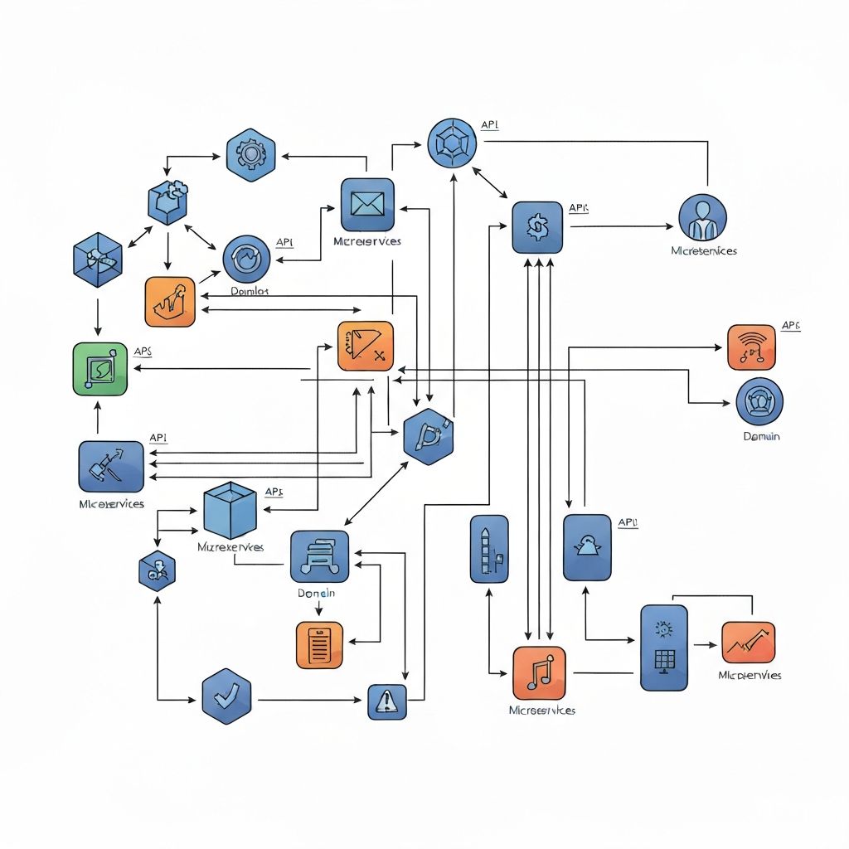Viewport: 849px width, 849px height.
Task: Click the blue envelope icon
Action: click(367, 204)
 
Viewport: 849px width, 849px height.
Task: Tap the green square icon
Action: click(100, 368)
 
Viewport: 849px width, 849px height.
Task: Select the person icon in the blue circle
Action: click(702, 218)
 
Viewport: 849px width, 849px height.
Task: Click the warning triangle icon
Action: click(387, 701)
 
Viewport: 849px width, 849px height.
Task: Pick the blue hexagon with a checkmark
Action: click(226, 696)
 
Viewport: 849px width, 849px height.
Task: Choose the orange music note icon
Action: click(539, 672)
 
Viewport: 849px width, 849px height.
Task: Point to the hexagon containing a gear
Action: click(250, 154)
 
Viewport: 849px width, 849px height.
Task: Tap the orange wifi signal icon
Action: click(752, 347)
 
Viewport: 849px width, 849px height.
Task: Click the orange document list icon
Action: click(319, 644)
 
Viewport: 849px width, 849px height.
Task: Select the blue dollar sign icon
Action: click(537, 227)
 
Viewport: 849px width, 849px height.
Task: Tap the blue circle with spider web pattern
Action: click(453, 143)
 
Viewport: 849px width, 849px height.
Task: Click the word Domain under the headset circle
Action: click(760, 436)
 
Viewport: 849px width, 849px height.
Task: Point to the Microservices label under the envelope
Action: click(366, 241)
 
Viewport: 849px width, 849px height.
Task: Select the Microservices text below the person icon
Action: click(704, 250)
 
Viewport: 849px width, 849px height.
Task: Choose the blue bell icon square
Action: click(587, 547)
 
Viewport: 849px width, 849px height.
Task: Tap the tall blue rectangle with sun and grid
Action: click(664, 648)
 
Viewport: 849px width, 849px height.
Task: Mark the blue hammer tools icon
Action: click(111, 466)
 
